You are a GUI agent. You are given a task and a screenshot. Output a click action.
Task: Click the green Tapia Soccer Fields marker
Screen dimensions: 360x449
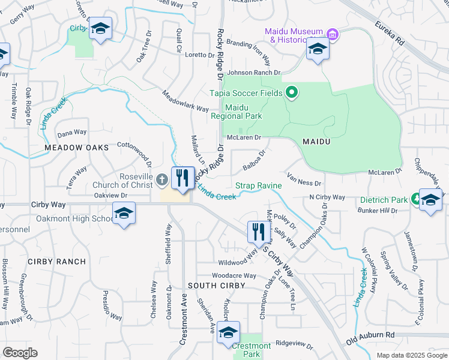pos(292,92)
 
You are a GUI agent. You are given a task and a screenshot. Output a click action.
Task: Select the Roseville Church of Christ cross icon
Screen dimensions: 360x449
pos(161,179)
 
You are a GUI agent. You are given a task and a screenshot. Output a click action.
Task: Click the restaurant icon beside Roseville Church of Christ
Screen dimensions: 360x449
pos(182,178)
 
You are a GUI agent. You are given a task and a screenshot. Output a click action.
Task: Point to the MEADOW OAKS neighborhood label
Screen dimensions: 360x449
pos(76,147)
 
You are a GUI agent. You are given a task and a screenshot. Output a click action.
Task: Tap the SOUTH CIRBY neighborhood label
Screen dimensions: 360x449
pos(216,286)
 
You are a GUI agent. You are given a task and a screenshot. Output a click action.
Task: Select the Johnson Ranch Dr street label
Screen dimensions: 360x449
pos(253,73)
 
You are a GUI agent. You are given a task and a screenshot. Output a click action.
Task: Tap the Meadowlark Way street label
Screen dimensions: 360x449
pos(185,101)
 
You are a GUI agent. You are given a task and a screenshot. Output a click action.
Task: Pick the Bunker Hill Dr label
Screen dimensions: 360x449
pos(378,211)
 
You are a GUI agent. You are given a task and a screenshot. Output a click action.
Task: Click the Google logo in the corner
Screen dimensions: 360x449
pos(20,353)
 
